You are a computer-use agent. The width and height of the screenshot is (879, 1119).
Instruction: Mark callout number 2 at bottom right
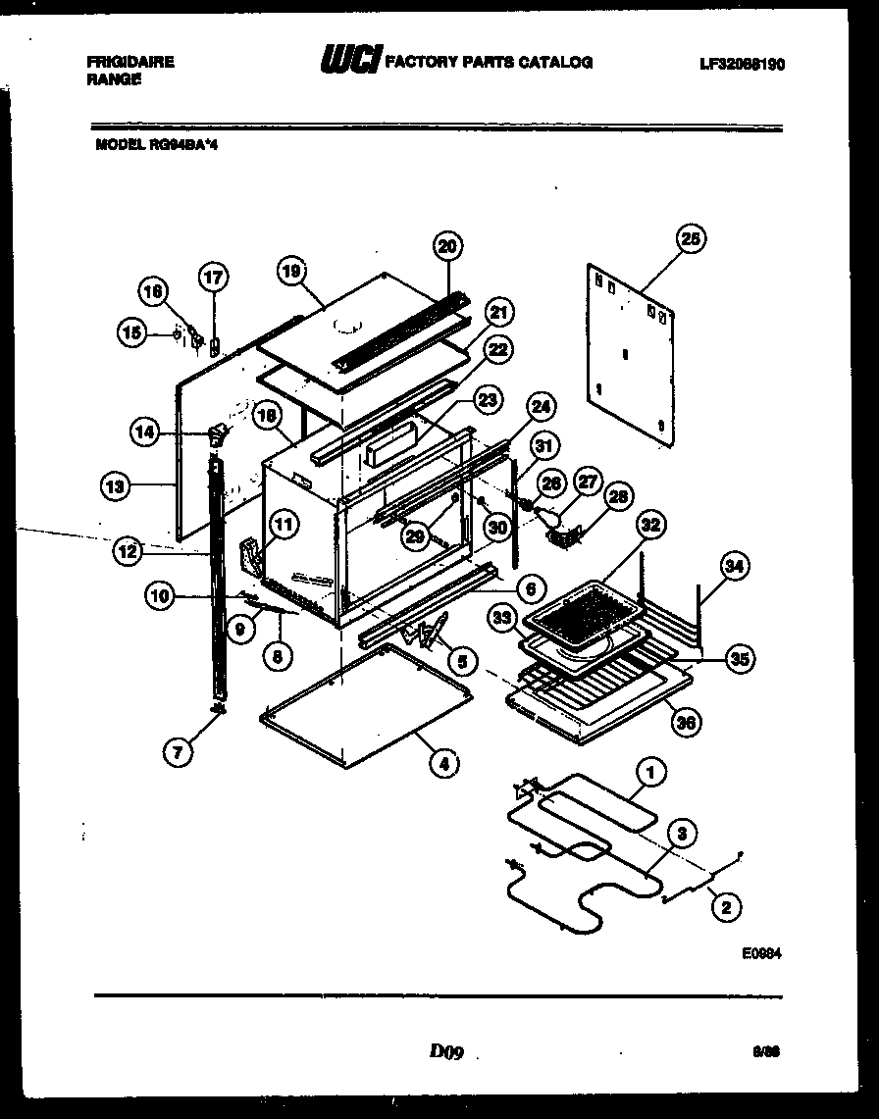(725, 907)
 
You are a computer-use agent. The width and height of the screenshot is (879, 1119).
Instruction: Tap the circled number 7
(179, 752)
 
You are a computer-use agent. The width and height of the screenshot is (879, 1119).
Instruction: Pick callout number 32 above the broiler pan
(647, 525)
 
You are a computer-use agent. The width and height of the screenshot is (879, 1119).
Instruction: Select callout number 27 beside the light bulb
(587, 482)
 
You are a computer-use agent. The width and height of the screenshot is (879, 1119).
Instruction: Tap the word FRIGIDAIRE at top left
(130, 62)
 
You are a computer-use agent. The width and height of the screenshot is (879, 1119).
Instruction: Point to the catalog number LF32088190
(742, 64)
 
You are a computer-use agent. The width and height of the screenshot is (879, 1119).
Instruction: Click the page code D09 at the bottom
(444, 1052)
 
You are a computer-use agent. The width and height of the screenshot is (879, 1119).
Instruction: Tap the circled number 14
(146, 431)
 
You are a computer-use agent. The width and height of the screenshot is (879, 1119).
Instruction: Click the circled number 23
(487, 399)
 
